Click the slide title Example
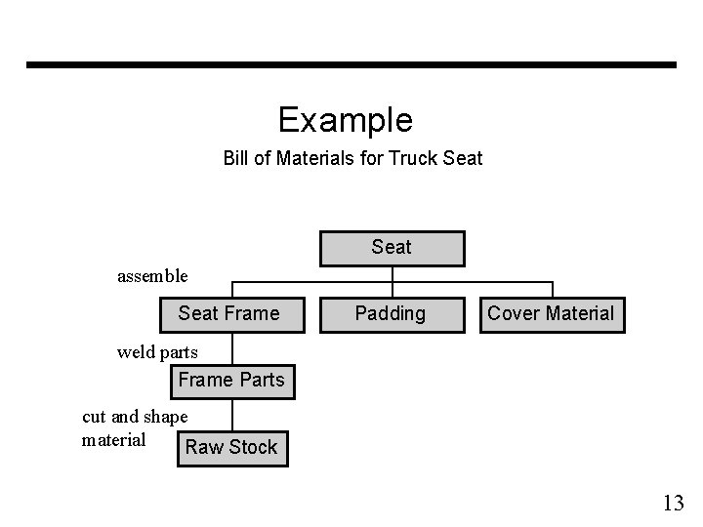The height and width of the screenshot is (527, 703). (x=346, y=120)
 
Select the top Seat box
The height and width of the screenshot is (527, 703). (x=392, y=248)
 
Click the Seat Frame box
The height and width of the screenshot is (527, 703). (x=228, y=313)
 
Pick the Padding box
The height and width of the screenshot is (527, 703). (x=391, y=313)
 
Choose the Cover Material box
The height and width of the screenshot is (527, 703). (x=551, y=313)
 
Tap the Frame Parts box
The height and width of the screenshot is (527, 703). (x=231, y=380)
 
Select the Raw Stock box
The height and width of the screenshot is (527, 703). (x=231, y=447)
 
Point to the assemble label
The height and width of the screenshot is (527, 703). (x=152, y=276)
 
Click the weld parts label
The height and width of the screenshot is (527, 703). (x=157, y=351)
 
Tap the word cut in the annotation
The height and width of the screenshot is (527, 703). (x=95, y=417)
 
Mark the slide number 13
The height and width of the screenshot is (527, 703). (x=673, y=504)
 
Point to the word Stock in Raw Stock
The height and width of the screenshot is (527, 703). (x=254, y=447)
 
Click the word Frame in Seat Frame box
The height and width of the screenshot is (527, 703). (x=252, y=313)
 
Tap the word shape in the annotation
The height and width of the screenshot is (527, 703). (x=165, y=418)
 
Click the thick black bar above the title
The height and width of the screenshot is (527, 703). (x=351, y=65)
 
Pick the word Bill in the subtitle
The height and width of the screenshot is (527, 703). (x=236, y=157)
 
